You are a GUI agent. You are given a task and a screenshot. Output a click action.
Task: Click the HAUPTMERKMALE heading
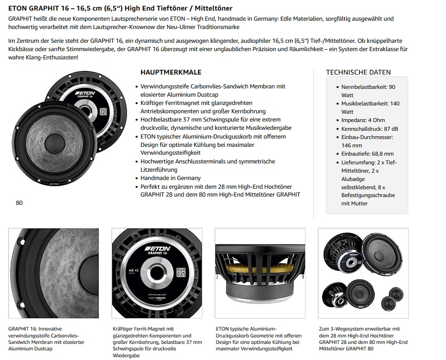(x=170, y=72)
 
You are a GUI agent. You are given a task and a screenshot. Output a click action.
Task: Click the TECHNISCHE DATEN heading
(x=358, y=72)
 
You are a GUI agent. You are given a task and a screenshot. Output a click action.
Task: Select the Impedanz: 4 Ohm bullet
(x=363, y=120)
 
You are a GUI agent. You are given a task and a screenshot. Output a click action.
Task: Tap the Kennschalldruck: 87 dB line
(x=370, y=128)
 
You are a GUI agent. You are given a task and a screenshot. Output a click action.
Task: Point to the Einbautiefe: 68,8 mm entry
(x=367, y=154)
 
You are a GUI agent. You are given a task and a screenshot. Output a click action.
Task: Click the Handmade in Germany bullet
(x=170, y=178)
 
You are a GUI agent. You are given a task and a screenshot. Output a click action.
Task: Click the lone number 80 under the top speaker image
(x=19, y=203)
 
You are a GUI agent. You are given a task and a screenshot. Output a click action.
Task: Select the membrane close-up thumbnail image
(x=53, y=273)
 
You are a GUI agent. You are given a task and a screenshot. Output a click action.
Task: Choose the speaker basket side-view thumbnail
(x=260, y=273)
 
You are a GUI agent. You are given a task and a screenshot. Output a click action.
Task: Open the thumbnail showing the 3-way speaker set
(x=363, y=273)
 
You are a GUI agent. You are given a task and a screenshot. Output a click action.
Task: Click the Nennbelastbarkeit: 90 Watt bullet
(x=368, y=91)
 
